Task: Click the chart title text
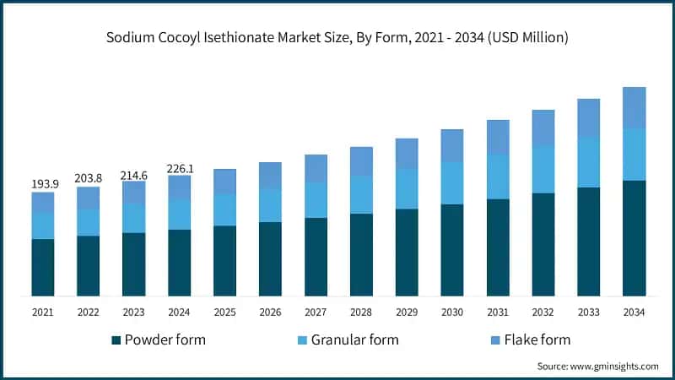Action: point(337,37)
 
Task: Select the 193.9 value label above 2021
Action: point(43,184)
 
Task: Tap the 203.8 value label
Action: point(89,178)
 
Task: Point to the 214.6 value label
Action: point(133,174)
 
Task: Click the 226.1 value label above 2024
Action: point(179,168)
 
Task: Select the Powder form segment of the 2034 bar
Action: point(634,238)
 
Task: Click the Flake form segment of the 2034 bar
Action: point(634,108)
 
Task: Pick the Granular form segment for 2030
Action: point(452,183)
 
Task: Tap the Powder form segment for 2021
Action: point(43,268)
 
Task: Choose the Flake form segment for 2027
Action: point(316,169)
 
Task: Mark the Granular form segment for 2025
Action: point(224,210)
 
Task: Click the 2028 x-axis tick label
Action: point(361,312)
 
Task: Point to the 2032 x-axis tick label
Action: point(543,312)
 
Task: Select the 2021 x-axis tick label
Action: point(43,312)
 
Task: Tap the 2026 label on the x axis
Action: point(270,312)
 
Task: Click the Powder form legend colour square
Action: point(116,340)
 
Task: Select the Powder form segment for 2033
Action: point(588,242)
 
